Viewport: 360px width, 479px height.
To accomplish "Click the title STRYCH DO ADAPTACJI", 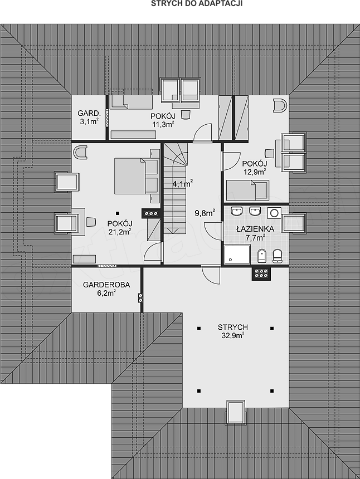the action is click(x=197, y=3).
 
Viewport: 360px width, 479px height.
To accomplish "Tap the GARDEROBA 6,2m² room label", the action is click(x=106, y=289).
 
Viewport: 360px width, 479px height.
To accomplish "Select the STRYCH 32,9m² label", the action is click(x=232, y=331).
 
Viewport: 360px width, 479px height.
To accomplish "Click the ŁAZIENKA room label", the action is click(x=255, y=233).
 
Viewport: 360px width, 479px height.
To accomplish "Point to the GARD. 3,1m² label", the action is click(x=89, y=118).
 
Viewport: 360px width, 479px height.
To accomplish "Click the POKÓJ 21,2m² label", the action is click(x=120, y=228).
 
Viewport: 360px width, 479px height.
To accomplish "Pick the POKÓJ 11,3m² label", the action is click(x=163, y=120).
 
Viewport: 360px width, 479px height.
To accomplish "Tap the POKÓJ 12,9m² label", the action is click(x=255, y=168).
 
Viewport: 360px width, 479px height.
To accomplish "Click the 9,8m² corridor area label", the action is click(x=205, y=213).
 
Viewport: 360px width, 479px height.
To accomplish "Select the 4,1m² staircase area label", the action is click(x=182, y=184).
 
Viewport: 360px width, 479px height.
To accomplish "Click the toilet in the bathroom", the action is click(x=277, y=256).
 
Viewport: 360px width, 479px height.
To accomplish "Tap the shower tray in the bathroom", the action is click(x=237, y=254).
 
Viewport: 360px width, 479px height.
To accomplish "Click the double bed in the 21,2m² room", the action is click(x=137, y=175).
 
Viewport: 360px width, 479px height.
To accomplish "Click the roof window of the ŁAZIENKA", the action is click(x=293, y=223).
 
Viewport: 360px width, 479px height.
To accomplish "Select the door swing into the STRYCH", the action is click(x=211, y=275).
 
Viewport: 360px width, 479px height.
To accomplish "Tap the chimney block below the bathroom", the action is click(x=261, y=273).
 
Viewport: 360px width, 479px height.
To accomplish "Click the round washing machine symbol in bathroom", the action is click(x=274, y=213).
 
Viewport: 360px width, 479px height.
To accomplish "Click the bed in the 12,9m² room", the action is click(x=247, y=190).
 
